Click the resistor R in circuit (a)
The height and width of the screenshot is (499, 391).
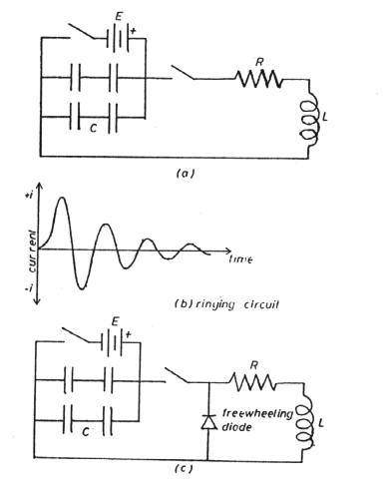(259, 79)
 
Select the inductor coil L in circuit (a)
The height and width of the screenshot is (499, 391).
(310, 120)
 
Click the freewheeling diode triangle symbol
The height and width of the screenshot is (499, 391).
(208, 422)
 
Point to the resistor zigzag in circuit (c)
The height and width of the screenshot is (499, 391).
(252, 382)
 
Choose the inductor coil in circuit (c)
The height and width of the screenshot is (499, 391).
(304, 421)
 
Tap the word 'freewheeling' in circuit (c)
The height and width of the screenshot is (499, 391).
(257, 414)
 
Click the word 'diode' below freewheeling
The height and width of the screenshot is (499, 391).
(236, 427)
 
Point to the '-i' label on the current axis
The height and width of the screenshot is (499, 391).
(29, 289)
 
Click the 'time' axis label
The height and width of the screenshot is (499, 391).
(240, 259)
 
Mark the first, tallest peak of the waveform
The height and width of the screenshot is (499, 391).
(62, 199)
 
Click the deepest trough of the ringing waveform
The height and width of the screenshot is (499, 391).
(81, 287)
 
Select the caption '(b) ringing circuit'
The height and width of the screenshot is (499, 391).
(226, 304)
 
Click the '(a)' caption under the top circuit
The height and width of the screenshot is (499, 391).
(186, 173)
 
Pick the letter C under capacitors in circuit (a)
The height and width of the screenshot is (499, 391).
(94, 129)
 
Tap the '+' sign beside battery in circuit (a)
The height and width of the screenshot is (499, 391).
(134, 31)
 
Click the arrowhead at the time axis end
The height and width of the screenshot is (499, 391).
(228, 250)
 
